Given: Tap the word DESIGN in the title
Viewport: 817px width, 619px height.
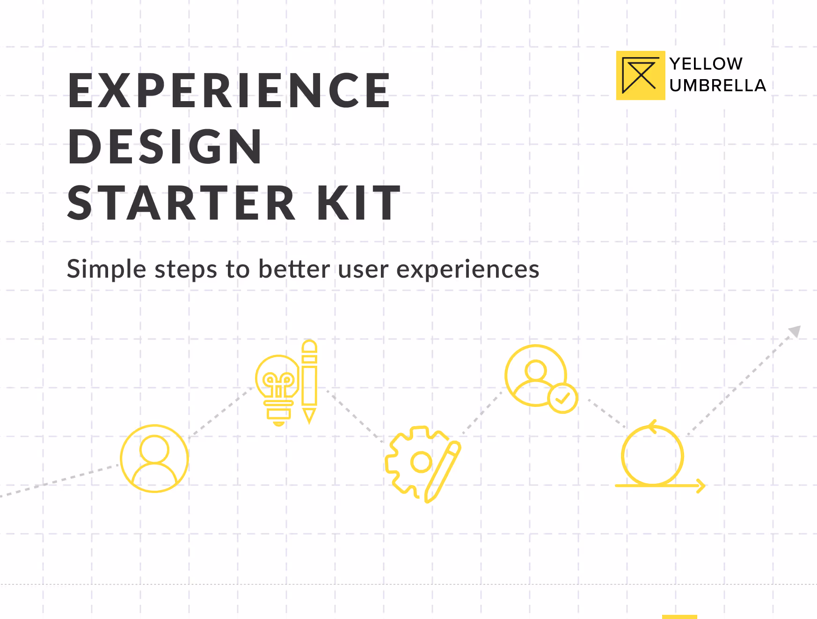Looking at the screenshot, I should pyautogui.click(x=165, y=147).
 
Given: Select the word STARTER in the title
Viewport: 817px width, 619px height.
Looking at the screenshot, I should pyautogui.click(x=182, y=203).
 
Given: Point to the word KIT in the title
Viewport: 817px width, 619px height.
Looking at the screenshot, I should pyautogui.click(x=358, y=203).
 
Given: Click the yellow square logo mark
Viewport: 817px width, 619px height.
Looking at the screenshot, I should pyautogui.click(x=640, y=75).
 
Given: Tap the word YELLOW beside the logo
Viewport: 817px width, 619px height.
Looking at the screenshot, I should pyautogui.click(x=706, y=64).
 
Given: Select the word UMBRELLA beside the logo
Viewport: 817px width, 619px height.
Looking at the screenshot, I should pyautogui.click(x=717, y=86).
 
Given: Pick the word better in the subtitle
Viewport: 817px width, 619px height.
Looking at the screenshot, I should pyautogui.click(x=294, y=270).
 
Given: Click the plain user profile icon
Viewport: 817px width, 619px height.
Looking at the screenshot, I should pyautogui.click(x=154, y=458).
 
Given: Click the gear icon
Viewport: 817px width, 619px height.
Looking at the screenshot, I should pyautogui.click(x=409, y=461).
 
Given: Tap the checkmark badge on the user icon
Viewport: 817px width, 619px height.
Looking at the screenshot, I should pyautogui.click(x=562, y=398).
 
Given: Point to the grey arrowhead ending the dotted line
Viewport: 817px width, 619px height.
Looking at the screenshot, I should pyautogui.click(x=795, y=332).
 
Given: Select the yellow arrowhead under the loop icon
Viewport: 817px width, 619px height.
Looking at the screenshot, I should pyautogui.click(x=701, y=486).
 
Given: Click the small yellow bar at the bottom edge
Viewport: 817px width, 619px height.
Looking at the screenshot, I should pyautogui.click(x=679, y=617).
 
